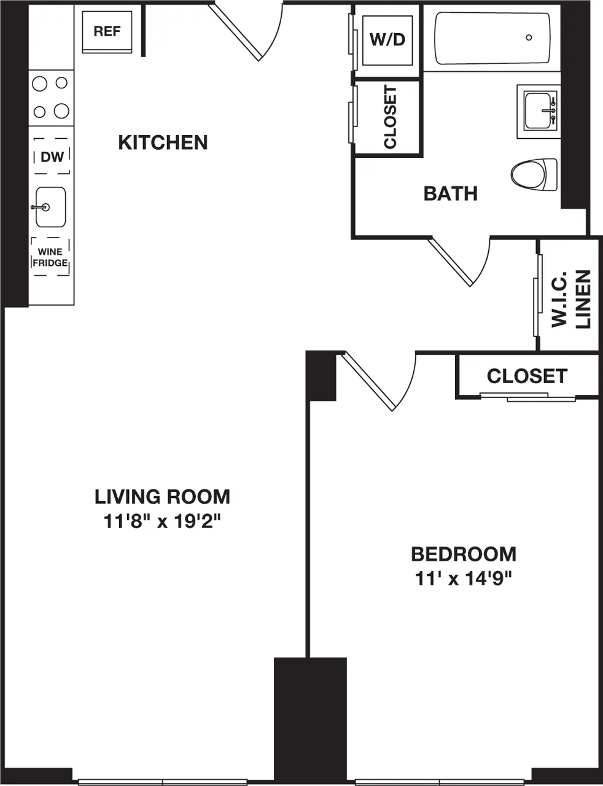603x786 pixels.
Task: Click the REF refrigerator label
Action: tap(107, 31)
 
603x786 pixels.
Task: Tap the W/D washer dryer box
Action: tap(387, 40)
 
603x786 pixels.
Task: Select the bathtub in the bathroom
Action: tap(492, 39)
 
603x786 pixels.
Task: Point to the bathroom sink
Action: tap(540, 111)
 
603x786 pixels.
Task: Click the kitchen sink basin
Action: tap(50, 207)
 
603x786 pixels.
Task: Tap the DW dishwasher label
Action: tap(52, 157)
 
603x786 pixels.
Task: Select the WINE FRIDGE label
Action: tap(50, 257)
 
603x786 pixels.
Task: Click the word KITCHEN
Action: tap(163, 142)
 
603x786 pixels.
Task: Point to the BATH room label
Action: tap(450, 193)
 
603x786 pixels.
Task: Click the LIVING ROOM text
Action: tap(162, 496)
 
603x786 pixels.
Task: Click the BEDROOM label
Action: tap(463, 554)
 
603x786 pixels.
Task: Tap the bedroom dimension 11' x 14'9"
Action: tap(463, 578)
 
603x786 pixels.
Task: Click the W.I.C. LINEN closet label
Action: tap(570, 299)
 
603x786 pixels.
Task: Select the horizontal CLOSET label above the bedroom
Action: tap(527, 376)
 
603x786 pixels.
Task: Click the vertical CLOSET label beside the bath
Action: tap(390, 117)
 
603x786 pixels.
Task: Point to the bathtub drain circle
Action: tap(529, 38)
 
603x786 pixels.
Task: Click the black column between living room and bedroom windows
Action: tap(310, 718)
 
